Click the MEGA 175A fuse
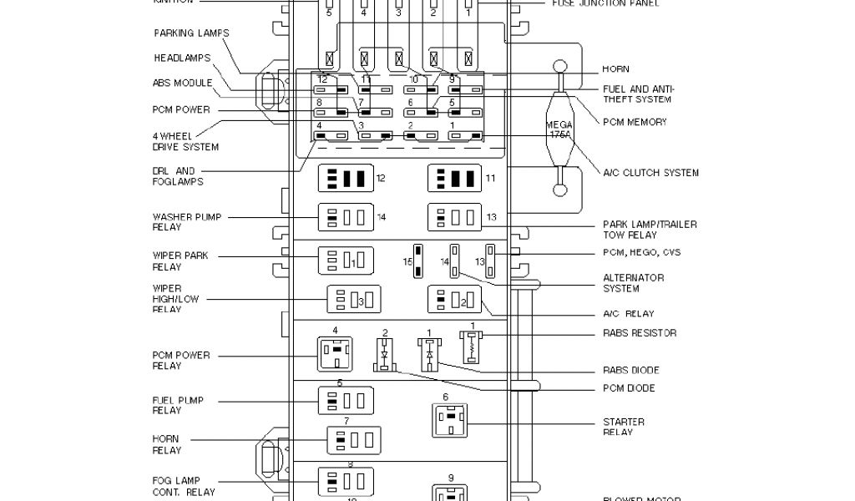(x=560, y=129)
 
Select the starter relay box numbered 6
(x=450, y=419)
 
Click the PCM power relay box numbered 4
(x=335, y=353)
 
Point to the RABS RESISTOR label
(x=640, y=333)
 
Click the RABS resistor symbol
(x=473, y=345)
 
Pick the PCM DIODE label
(x=629, y=388)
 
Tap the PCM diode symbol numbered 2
(x=385, y=355)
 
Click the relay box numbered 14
(x=345, y=217)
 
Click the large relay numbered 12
(x=345, y=178)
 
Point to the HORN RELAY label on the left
(x=166, y=444)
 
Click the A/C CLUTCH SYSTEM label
(x=651, y=173)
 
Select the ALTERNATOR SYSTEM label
(x=633, y=283)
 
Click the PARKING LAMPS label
(x=191, y=33)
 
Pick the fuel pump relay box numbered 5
(x=345, y=401)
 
